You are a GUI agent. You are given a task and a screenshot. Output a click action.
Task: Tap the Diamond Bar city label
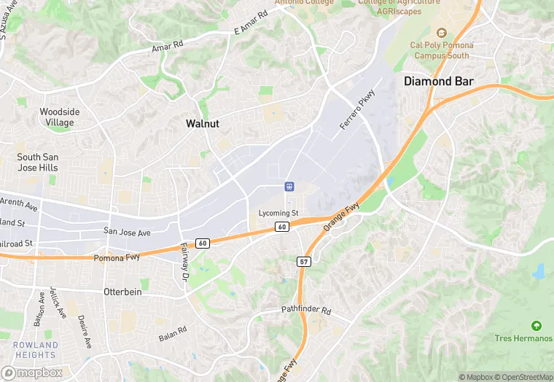click(438, 82)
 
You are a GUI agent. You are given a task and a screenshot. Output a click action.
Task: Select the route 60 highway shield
click(281, 227)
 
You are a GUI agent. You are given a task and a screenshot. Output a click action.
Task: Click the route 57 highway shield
click(303, 261)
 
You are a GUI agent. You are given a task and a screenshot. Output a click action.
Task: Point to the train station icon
click(289, 187)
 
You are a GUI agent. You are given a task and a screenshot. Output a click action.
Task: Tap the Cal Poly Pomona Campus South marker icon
click(440, 33)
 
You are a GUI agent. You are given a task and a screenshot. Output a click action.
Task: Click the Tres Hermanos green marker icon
click(537, 325)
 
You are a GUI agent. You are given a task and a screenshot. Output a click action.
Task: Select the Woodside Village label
click(60, 117)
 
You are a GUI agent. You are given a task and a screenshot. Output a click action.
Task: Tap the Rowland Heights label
click(35, 350)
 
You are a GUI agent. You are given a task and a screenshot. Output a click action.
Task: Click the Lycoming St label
click(278, 213)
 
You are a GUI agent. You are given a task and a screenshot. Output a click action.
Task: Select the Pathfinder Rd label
click(306, 311)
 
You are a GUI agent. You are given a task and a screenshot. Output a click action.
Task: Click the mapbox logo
click(32, 373)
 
